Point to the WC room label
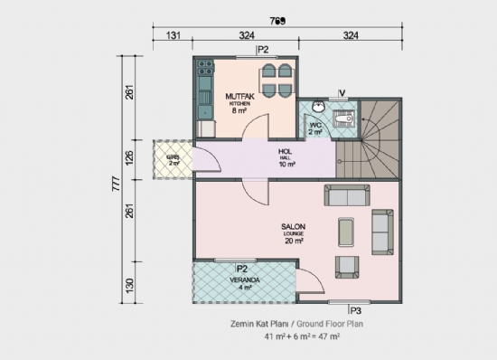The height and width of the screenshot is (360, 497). click(315, 127)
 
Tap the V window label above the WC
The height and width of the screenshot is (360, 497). click(342, 92)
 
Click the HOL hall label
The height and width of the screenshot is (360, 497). click(286, 154)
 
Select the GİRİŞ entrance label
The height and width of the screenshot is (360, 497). click(173, 158)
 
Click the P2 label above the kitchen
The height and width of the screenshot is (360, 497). click(263, 51)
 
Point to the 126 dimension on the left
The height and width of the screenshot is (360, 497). click(129, 157)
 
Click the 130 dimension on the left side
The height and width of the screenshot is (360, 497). click(129, 286)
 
